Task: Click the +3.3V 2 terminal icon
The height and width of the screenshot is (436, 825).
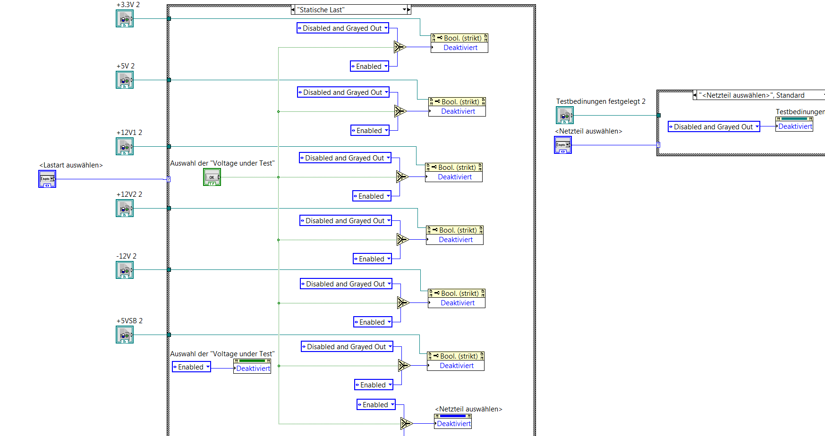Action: (x=125, y=19)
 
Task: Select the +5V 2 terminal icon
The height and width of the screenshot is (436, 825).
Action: (x=125, y=80)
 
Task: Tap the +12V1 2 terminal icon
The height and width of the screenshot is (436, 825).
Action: (x=125, y=147)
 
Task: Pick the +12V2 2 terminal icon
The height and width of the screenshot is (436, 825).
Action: (x=125, y=209)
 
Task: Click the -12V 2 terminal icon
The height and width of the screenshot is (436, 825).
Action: (x=125, y=270)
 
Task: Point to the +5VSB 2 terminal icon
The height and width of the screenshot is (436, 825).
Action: (x=125, y=335)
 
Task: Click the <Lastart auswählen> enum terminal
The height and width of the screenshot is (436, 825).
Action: (x=47, y=179)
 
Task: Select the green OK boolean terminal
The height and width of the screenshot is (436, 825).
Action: (x=212, y=177)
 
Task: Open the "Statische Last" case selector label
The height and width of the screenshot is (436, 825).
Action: (x=349, y=10)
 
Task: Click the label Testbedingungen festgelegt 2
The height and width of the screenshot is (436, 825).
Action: (x=601, y=101)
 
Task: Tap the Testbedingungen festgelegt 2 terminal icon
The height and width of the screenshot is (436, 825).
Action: (x=565, y=116)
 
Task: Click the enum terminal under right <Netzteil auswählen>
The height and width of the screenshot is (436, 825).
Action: (x=563, y=145)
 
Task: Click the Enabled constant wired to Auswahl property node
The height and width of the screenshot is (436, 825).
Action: (x=191, y=367)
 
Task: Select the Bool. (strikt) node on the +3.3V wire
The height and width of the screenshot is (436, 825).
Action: (x=459, y=38)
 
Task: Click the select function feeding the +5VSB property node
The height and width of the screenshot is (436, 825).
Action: (x=404, y=366)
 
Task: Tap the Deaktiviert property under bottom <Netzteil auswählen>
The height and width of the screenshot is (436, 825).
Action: (x=453, y=424)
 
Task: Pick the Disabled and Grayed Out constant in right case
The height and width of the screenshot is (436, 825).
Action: (x=714, y=127)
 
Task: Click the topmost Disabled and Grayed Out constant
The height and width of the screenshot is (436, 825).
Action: (x=343, y=28)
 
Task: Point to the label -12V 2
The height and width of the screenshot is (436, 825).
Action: (x=126, y=256)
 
